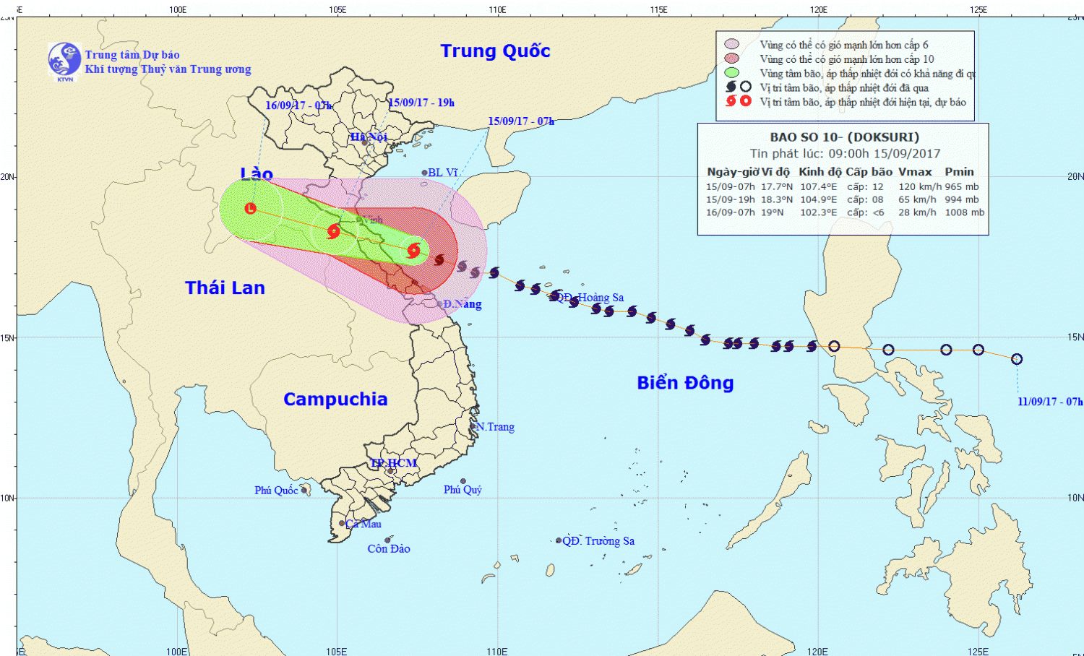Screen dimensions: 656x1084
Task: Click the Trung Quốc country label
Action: tap(495, 51)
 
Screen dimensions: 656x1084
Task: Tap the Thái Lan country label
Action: tap(225, 288)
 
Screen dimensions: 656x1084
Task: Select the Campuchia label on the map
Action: tap(335, 400)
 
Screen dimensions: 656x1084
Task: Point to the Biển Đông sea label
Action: tap(685, 383)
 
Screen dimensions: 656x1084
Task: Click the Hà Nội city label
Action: tap(369, 137)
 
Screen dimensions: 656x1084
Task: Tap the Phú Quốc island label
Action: tap(276, 491)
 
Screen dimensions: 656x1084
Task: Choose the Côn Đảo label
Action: tap(389, 549)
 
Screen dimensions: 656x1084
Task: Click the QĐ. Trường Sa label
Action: tap(598, 541)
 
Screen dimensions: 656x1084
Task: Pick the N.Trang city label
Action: tap(495, 427)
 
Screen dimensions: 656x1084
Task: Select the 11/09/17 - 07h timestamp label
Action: tap(1050, 402)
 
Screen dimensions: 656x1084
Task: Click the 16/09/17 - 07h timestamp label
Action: tap(298, 105)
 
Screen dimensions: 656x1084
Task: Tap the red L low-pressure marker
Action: tap(251, 209)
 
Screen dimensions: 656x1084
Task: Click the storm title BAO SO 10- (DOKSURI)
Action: tap(844, 137)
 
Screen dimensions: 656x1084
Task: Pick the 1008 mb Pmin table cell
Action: tap(965, 212)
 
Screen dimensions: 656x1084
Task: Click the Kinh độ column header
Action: tap(820, 172)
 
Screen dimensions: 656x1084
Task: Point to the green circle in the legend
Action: tap(732, 73)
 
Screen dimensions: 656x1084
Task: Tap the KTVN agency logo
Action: tap(64, 61)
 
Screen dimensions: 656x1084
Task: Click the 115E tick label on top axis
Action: tap(658, 9)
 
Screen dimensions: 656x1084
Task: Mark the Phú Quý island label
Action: tap(463, 490)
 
